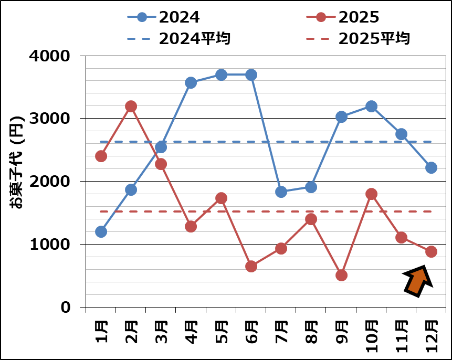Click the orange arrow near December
tap(418, 280)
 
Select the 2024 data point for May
tap(221, 75)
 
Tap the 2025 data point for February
tap(131, 106)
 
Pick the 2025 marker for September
tap(341, 275)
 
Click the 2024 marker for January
tap(101, 231)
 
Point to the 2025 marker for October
tap(371, 194)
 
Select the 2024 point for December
tap(431, 167)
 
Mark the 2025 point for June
tap(251, 266)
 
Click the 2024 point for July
tap(281, 192)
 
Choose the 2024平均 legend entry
tap(178, 38)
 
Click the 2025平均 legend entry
tap(358, 38)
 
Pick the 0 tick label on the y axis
tap(65, 308)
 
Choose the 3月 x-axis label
tap(162, 330)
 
